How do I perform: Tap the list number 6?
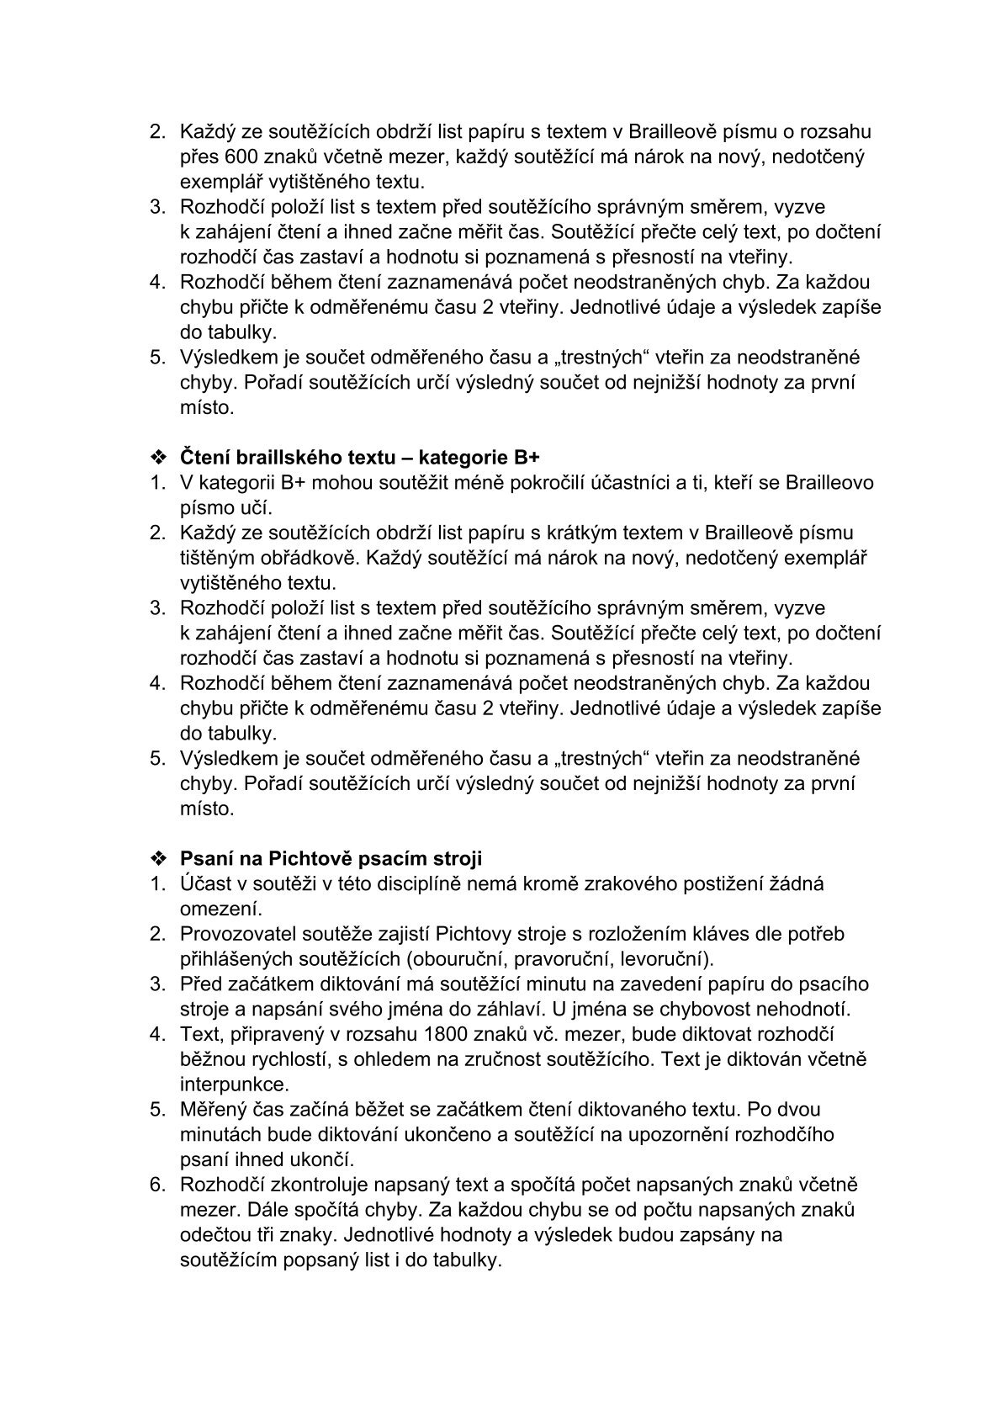click(x=156, y=1184)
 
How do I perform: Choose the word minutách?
click(x=219, y=1133)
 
